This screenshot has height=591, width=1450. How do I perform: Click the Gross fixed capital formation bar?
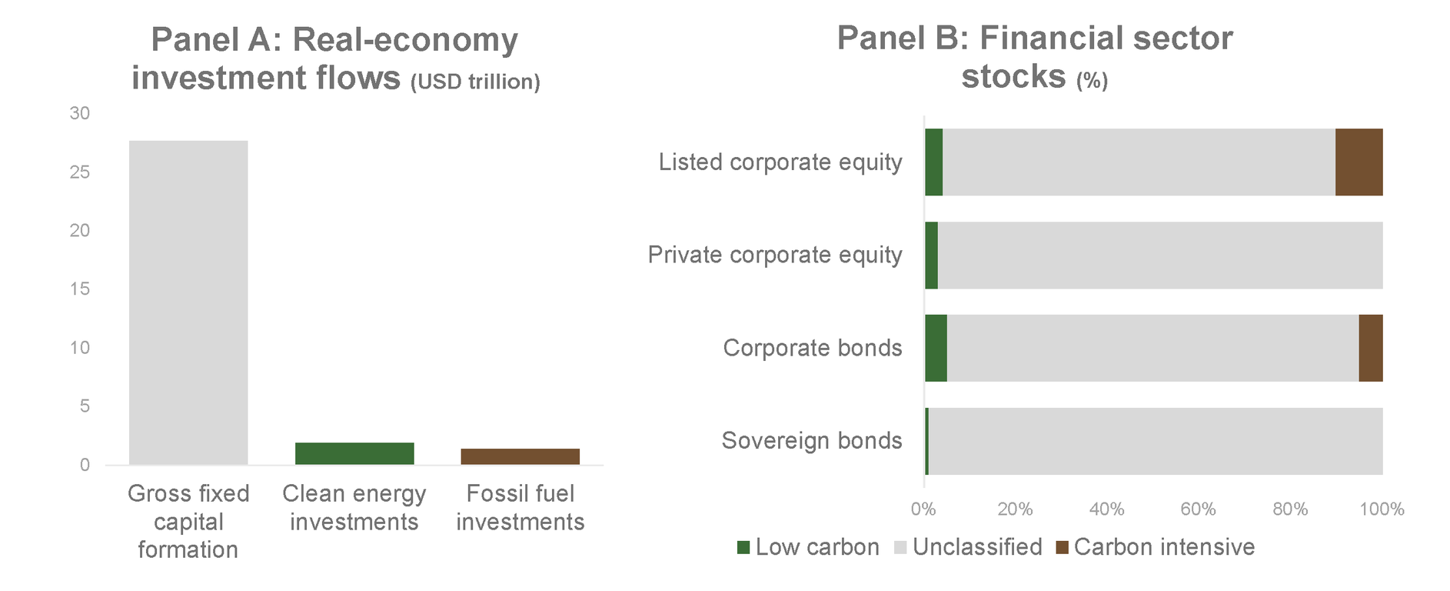[x=188, y=302]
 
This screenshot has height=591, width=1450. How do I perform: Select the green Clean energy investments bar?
[x=354, y=454]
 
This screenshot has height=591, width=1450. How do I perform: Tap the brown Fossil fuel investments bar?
[x=520, y=457]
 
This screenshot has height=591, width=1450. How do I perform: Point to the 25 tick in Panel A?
[x=80, y=172]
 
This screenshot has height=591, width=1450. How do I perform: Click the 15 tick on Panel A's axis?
[x=80, y=289]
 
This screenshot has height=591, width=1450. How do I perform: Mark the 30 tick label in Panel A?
[x=80, y=113]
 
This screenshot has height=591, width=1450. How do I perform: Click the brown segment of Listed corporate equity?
[x=1359, y=162]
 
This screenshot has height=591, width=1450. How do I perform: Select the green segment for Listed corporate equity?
[x=934, y=162]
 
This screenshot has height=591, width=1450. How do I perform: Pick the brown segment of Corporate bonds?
[x=1371, y=348]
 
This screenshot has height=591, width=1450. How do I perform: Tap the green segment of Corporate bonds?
[x=936, y=348]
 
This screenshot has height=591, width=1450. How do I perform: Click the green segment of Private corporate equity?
[x=932, y=255]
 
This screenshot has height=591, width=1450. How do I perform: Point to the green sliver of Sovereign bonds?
[x=927, y=441]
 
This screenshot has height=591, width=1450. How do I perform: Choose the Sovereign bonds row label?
[x=812, y=441]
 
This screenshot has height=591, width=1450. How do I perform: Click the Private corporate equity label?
[x=775, y=255]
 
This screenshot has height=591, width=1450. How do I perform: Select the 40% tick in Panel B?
[x=1107, y=509]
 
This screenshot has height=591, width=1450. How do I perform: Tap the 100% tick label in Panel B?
[x=1382, y=509]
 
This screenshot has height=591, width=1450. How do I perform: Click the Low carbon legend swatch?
[x=743, y=548]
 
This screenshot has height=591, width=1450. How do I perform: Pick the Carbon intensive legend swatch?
[x=1062, y=548]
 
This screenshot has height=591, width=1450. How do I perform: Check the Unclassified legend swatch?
[x=900, y=548]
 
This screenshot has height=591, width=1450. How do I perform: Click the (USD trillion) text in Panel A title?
[x=475, y=82]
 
